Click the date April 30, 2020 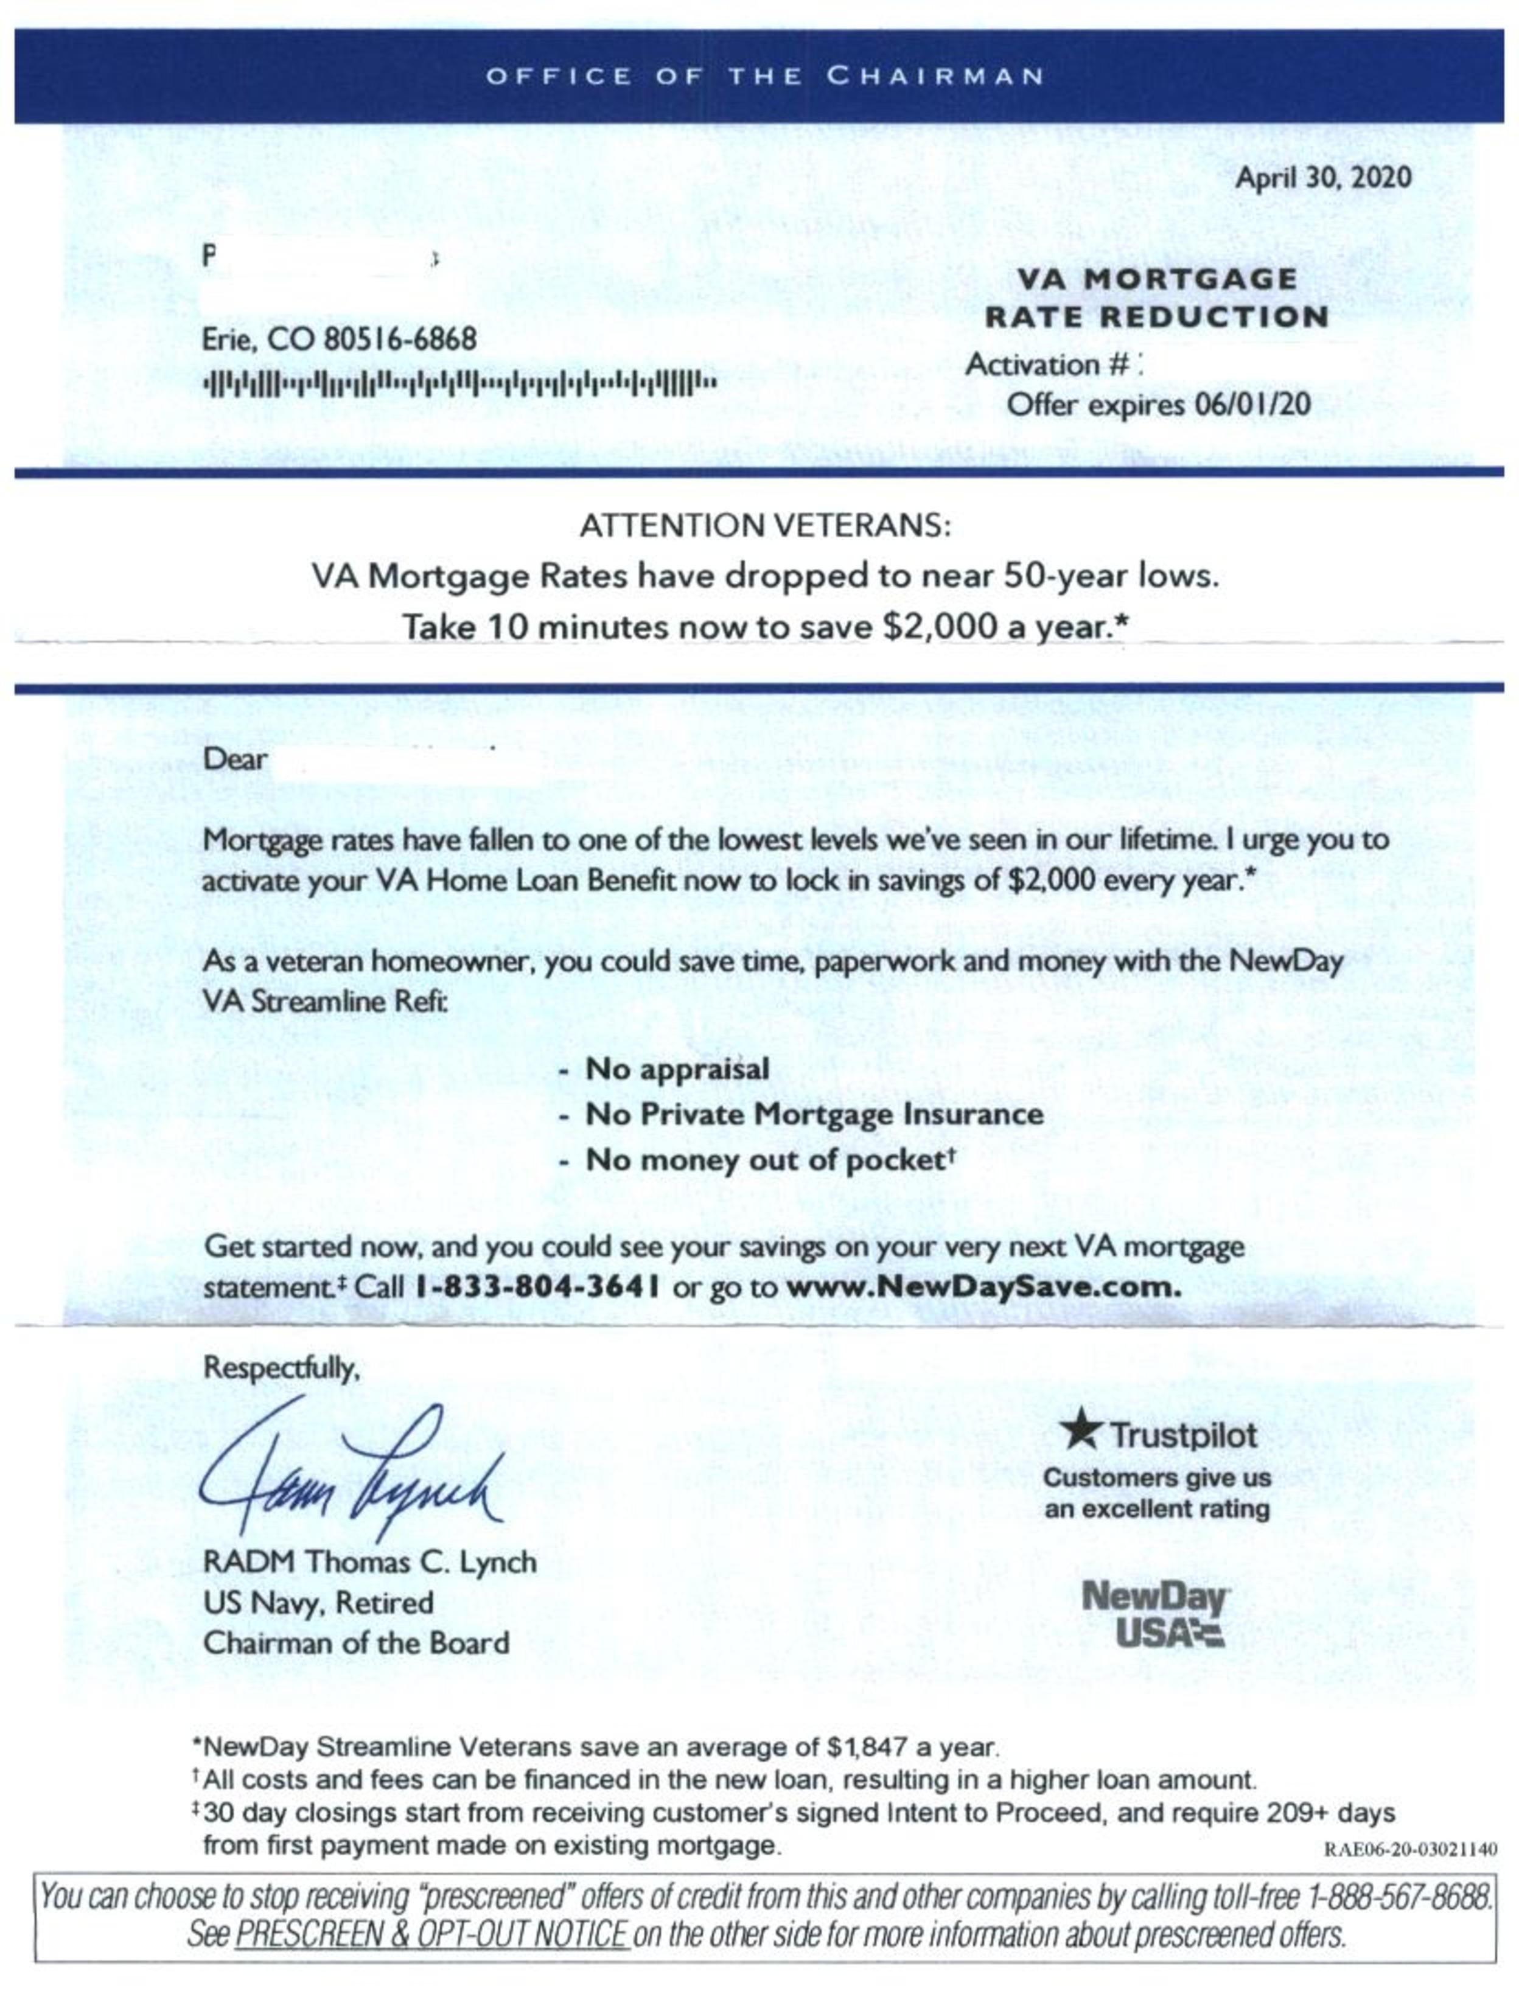point(1322,177)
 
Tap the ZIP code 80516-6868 point(399,340)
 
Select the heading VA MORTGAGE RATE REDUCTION point(1156,298)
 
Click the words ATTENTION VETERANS point(764,526)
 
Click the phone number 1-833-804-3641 point(537,1287)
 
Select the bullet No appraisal point(676,1068)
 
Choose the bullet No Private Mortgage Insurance point(814,1114)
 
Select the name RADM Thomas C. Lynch point(369,1561)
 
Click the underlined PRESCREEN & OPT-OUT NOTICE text point(431,1934)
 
